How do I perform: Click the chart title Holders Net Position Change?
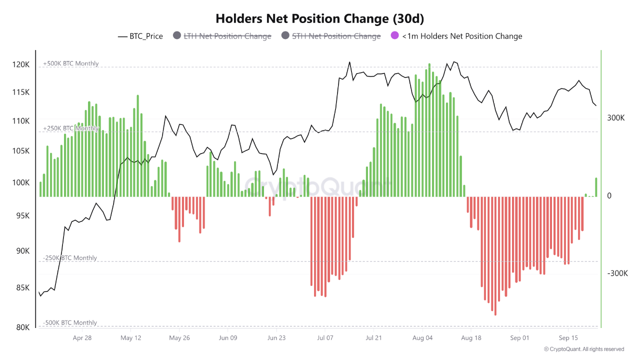pyautogui.click(x=320, y=18)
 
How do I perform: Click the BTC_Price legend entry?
pyautogui.click(x=140, y=36)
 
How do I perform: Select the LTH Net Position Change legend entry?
pyautogui.click(x=222, y=36)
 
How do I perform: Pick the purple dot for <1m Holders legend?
pyautogui.click(x=394, y=35)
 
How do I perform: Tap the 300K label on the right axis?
pyautogui.click(x=616, y=118)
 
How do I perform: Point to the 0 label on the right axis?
pyautogui.click(x=609, y=196)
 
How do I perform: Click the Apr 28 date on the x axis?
pyautogui.click(x=82, y=338)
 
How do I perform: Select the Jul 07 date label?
pyautogui.click(x=325, y=338)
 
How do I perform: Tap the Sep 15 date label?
pyautogui.click(x=568, y=338)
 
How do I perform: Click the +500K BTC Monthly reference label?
pyautogui.click(x=70, y=63)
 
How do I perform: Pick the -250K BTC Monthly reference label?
pyautogui.click(x=69, y=258)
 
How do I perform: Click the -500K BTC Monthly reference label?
pyautogui.click(x=69, y=323)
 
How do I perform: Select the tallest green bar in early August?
pyautogui.click(x=429, y=130)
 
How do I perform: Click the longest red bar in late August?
pyautogui.click(x=495, y=255)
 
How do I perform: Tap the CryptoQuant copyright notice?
pyautogui.click(x=583, y=349)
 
